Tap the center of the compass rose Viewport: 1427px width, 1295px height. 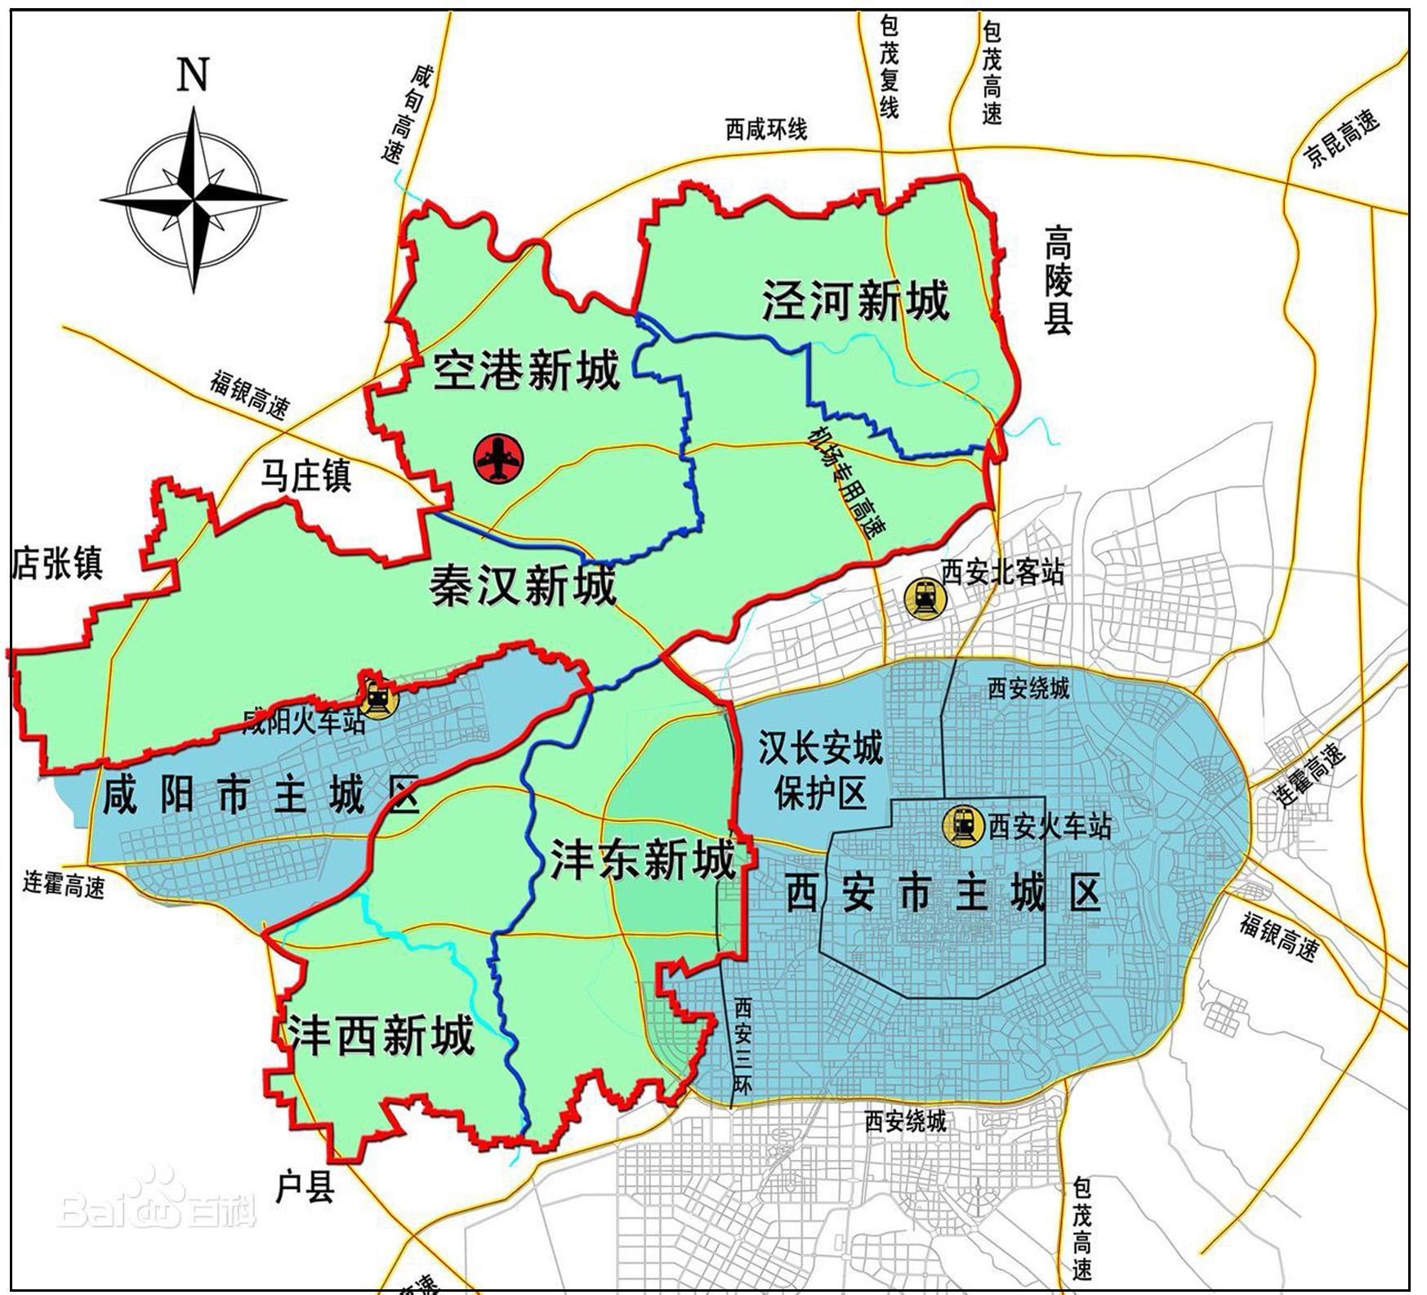(194, 199)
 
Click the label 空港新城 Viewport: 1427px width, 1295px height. (526, 371)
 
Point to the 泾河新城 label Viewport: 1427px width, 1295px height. (855, 300)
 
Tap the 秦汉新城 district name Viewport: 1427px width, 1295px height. (523, 586)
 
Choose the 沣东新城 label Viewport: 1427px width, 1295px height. (643, 859)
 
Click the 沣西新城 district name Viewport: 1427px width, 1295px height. (381, 1035)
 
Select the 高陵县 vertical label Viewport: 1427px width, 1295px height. (1058, 279)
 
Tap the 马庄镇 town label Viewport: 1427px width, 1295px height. (305, 476)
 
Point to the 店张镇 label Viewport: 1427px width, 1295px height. (56, 563)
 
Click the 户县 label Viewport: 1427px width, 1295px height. (305, 1186)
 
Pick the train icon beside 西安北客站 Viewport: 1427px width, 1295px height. (923, 599)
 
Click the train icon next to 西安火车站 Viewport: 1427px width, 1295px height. (963, 825)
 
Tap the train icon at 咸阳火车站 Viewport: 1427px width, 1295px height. (377, 698)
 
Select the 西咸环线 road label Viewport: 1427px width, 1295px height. (765, 129)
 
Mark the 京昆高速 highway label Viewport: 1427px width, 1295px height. (1342, 140)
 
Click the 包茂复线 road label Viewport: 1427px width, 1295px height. (889, 68)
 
